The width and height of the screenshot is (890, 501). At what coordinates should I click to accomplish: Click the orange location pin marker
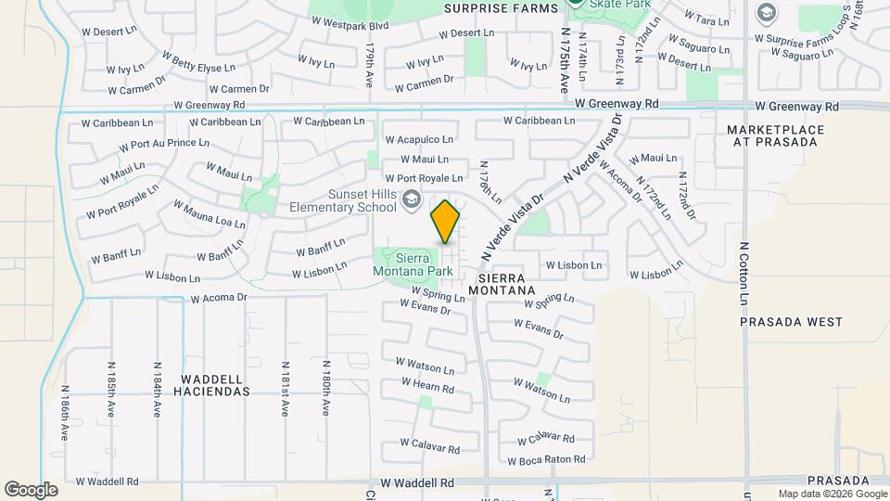[x=445, y=222]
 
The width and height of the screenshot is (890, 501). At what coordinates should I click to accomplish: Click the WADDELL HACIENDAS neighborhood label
[x=215, y=385]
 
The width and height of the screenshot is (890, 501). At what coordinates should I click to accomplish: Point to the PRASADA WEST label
[x=792, y=322]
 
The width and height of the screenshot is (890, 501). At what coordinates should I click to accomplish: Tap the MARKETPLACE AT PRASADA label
[x=772, y=135]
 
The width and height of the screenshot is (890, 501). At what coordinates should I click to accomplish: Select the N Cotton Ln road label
[x=744, y=275]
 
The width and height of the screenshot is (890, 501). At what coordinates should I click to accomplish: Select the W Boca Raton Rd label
[x=547, y=459]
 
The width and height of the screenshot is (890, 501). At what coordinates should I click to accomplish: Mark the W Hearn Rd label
[x=428, y=386]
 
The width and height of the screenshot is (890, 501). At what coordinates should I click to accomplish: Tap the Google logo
[x=31, y=489]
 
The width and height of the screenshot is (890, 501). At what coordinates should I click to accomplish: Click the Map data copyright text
[x=831, y=494]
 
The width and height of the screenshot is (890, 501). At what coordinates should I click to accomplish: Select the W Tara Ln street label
[x=706, y=19]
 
